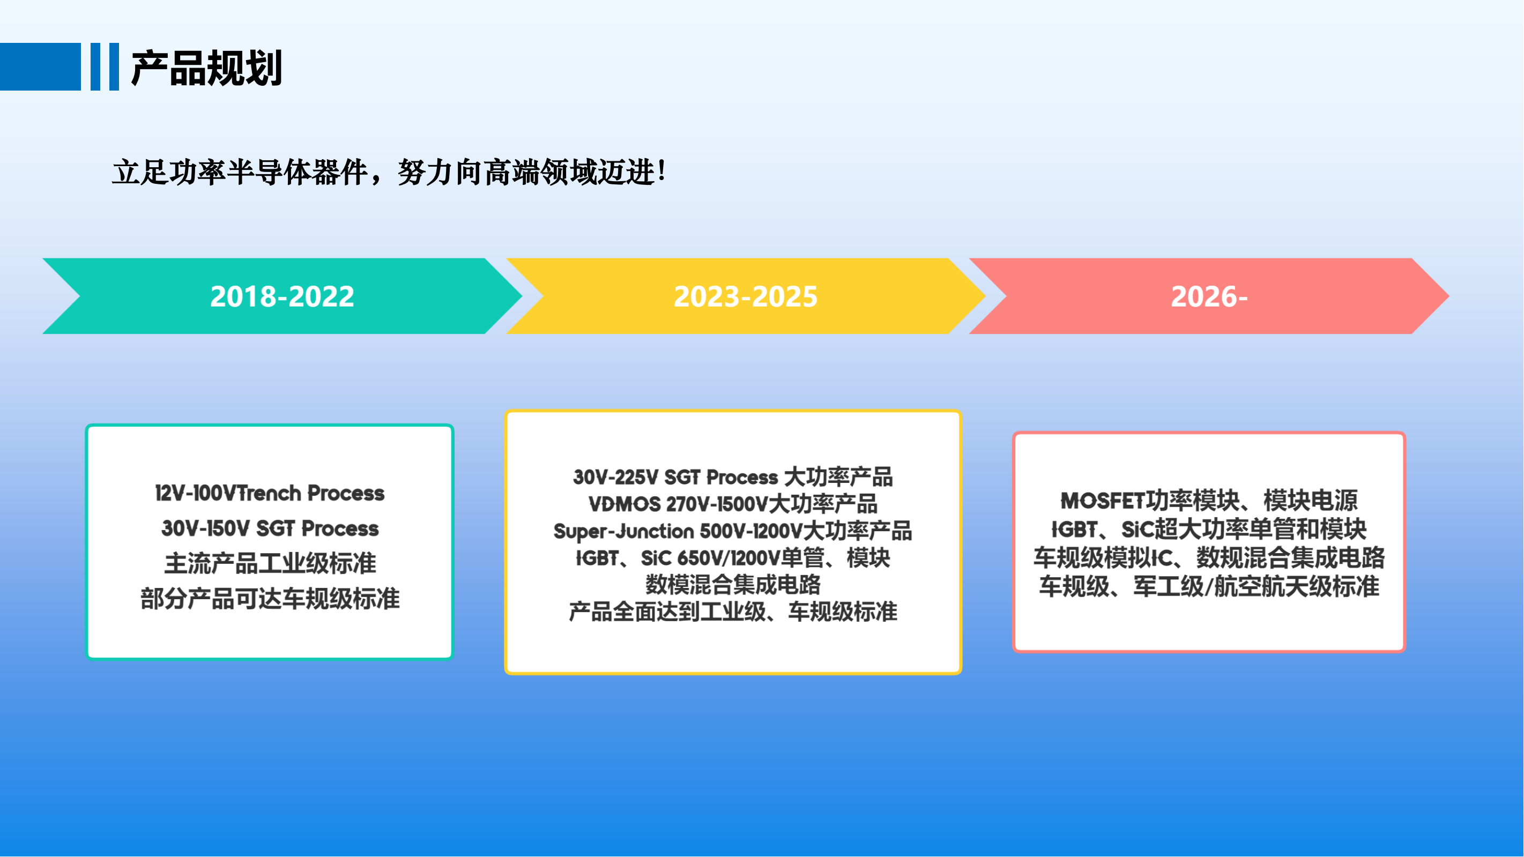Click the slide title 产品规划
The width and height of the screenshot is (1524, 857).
206,68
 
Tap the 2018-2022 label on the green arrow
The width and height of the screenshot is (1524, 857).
282,296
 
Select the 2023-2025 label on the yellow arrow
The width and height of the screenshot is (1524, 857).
746,296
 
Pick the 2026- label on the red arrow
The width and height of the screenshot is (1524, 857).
1209,296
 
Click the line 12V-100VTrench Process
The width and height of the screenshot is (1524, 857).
270,493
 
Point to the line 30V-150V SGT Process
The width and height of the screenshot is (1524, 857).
270,528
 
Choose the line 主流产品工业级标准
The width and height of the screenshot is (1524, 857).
270,563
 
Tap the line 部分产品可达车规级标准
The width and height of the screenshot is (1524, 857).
270,599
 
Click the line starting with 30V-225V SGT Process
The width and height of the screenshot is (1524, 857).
733,476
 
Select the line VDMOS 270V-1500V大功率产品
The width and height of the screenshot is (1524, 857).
733,504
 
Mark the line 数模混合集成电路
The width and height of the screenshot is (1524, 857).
733,584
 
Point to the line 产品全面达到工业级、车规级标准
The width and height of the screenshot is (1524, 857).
733,612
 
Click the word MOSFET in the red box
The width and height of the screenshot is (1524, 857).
1103,501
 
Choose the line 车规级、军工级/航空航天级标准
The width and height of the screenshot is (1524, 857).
1209,587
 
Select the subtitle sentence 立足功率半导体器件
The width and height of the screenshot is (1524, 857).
240,173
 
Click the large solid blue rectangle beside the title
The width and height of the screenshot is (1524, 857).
40,67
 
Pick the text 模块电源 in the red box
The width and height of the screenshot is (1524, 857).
1311,501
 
